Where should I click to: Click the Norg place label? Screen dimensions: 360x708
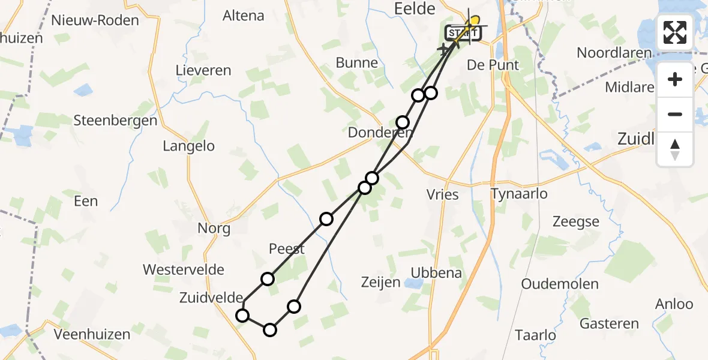point(214,229)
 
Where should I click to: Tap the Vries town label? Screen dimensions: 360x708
point(443,194)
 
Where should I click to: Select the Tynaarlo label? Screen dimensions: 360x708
point(519,194)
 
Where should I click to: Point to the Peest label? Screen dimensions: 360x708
point(287,249)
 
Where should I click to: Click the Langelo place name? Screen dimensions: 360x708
point(188,146)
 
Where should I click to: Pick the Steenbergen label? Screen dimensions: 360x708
point(115,121)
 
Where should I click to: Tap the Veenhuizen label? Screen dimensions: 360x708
point(92,334)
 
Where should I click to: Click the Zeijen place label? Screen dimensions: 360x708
point(380,282)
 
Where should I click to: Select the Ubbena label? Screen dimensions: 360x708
point(436,274)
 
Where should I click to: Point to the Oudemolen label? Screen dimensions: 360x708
point(560,284)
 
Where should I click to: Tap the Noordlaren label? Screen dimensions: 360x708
point(614,53)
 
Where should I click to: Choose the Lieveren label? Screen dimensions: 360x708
point(203,71)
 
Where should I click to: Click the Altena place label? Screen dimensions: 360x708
point(243,16)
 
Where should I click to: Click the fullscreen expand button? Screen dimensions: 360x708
point(675,32)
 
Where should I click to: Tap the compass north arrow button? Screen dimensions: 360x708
point(675,149)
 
